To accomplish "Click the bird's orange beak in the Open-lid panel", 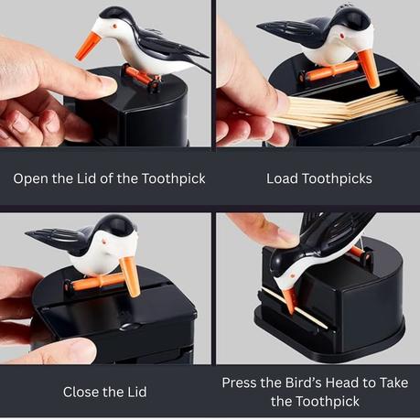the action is (88, 46).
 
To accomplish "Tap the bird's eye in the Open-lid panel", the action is (115, 27).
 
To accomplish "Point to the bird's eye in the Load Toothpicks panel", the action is (342, 36).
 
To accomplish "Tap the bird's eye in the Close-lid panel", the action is (104, 242).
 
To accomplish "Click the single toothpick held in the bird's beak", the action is (295, 307).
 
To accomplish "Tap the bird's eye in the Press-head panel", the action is (293, 275).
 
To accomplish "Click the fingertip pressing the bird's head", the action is (284, 237).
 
